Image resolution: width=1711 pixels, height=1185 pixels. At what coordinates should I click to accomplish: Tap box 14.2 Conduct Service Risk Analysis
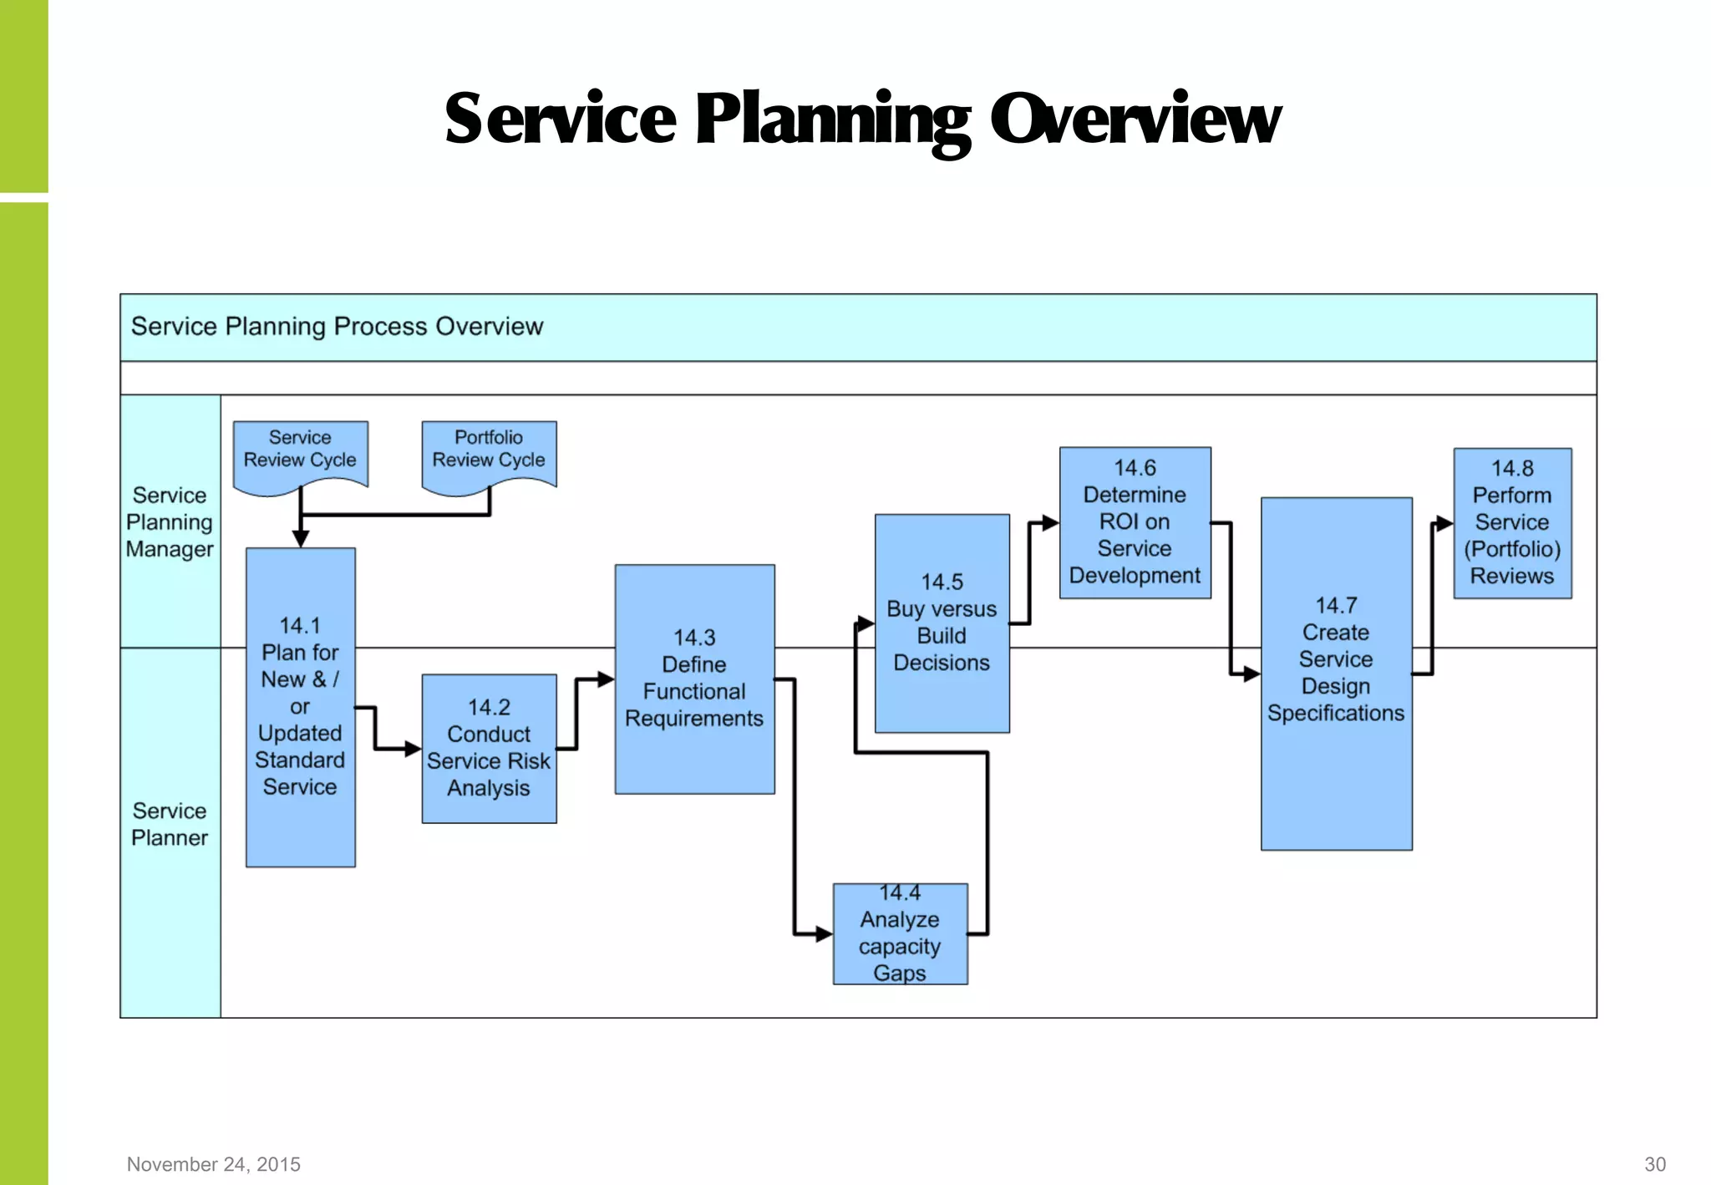[x=489, y=748]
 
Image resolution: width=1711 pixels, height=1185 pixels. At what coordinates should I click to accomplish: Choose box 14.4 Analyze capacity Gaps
[x=900, y=933]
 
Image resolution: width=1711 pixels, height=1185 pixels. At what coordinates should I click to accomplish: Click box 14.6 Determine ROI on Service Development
[x=1135, y=522]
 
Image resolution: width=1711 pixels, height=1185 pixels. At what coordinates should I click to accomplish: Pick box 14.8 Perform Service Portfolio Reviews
[x=1512, y=522]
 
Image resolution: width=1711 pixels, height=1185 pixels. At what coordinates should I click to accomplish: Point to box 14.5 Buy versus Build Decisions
[x=942, y=623]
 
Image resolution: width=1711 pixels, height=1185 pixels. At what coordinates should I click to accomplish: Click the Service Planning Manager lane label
[x=170, y=522]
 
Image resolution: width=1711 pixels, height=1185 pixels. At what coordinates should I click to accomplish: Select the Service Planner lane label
[x=170, y=824]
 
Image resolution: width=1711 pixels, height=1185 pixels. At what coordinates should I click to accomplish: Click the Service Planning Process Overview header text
[x=337, y=327]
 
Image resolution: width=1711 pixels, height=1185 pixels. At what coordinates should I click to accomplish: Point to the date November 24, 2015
[x=213, y=1164]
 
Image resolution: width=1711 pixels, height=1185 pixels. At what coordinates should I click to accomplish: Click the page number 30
[x=1654, y=1164]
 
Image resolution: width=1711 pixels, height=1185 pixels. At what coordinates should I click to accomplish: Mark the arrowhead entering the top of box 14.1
[x=301, y=539]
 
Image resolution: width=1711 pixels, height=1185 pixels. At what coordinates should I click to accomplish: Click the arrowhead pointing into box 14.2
[x=413, y=749]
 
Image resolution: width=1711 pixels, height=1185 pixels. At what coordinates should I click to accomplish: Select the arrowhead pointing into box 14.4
[x=824, y=933]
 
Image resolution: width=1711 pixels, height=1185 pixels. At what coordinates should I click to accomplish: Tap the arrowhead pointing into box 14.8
[x=1444, y=524]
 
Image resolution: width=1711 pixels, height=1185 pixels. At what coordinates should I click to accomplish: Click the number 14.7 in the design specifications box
[x=1336, y=605]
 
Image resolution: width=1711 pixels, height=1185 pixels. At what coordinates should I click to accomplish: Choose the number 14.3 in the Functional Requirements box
[x=694, y=638]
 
